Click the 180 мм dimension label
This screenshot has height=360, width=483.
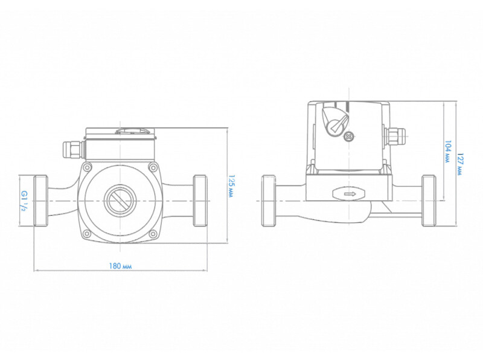tap(120, 266)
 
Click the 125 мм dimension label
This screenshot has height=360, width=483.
tap(231, 186)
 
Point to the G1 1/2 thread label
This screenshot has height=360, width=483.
tap(24, 201)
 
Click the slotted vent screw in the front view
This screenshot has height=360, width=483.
tap(120, 201)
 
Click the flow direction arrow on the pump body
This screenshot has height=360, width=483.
tap(349, 194)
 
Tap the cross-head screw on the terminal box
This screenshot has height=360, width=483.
tap(348, 137)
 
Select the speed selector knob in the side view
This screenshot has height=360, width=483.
tap(334, 121)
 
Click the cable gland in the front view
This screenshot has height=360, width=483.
tap(72, 150)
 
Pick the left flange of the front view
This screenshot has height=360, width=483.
tap(40, 201)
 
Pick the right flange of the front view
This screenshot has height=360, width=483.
tap(200, 201)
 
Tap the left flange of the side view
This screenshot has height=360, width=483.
tap(269, 201)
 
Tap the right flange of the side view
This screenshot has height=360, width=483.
tap(429, 201)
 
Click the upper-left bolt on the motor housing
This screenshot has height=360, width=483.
tap(88, 168)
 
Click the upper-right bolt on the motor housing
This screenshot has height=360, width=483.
tap(153, 168)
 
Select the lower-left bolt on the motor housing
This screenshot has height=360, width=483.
tap(88, 234)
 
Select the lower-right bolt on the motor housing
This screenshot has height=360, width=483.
tap(153, 234)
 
